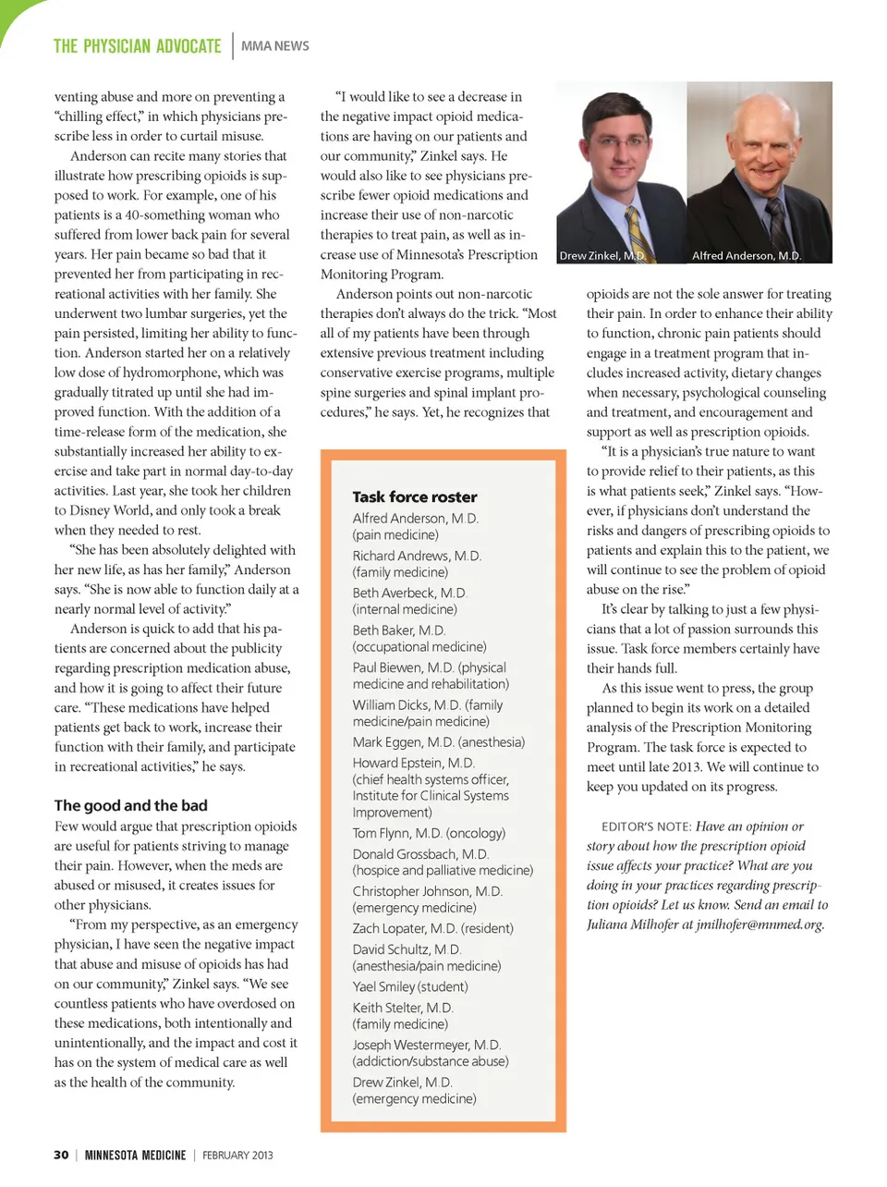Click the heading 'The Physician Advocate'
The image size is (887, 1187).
pyautogui.click(x=137, y=46)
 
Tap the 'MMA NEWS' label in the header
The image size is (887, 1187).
pyautogui.click(x=275, y=46)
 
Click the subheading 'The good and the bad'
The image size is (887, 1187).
pyautogui.click(x=130, y=805)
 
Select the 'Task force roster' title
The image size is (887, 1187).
pyautogui.click(x=414, y=496)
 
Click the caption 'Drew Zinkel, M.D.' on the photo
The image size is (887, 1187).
pyautogui.click(x=601, y=256)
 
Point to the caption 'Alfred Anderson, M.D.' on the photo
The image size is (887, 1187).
pyautogui.click(x=747, y=256)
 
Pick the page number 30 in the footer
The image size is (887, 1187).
pyautogui.click(x=61, y=1155)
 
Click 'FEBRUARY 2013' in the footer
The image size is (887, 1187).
pyautogui.click(x=237, y=1155)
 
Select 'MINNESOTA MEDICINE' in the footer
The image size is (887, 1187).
pyautogui.click(x=135, y=1155)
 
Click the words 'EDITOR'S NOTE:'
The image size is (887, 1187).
pyautogui.click(x=646, y=826)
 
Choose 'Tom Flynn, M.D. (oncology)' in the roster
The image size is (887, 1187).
pyautogui.click(x=429, y=833)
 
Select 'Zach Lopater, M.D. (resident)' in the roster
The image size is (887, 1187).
pyautogui.click(x=432, y=928)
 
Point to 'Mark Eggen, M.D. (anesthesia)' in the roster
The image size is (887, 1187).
pyautogui.click(x=438, y=742)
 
